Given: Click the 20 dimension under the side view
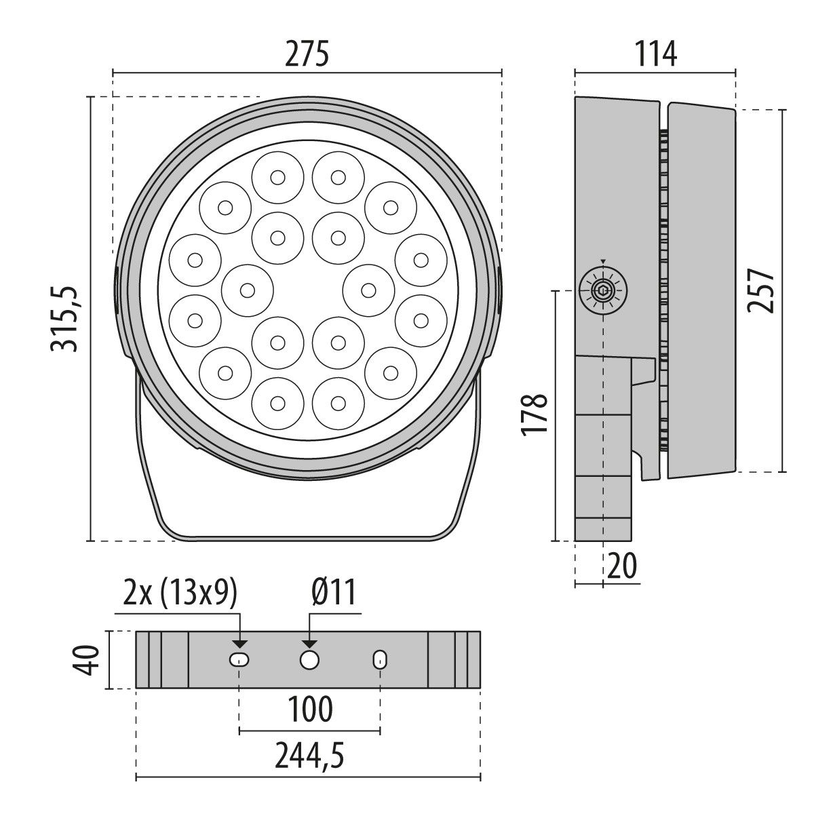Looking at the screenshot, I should (x=622, y=565).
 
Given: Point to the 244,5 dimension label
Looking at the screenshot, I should (x=309, y=757).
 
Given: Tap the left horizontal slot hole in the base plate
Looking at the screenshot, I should (x=239, y=659).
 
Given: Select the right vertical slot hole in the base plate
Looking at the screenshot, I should (x=380, y=659).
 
